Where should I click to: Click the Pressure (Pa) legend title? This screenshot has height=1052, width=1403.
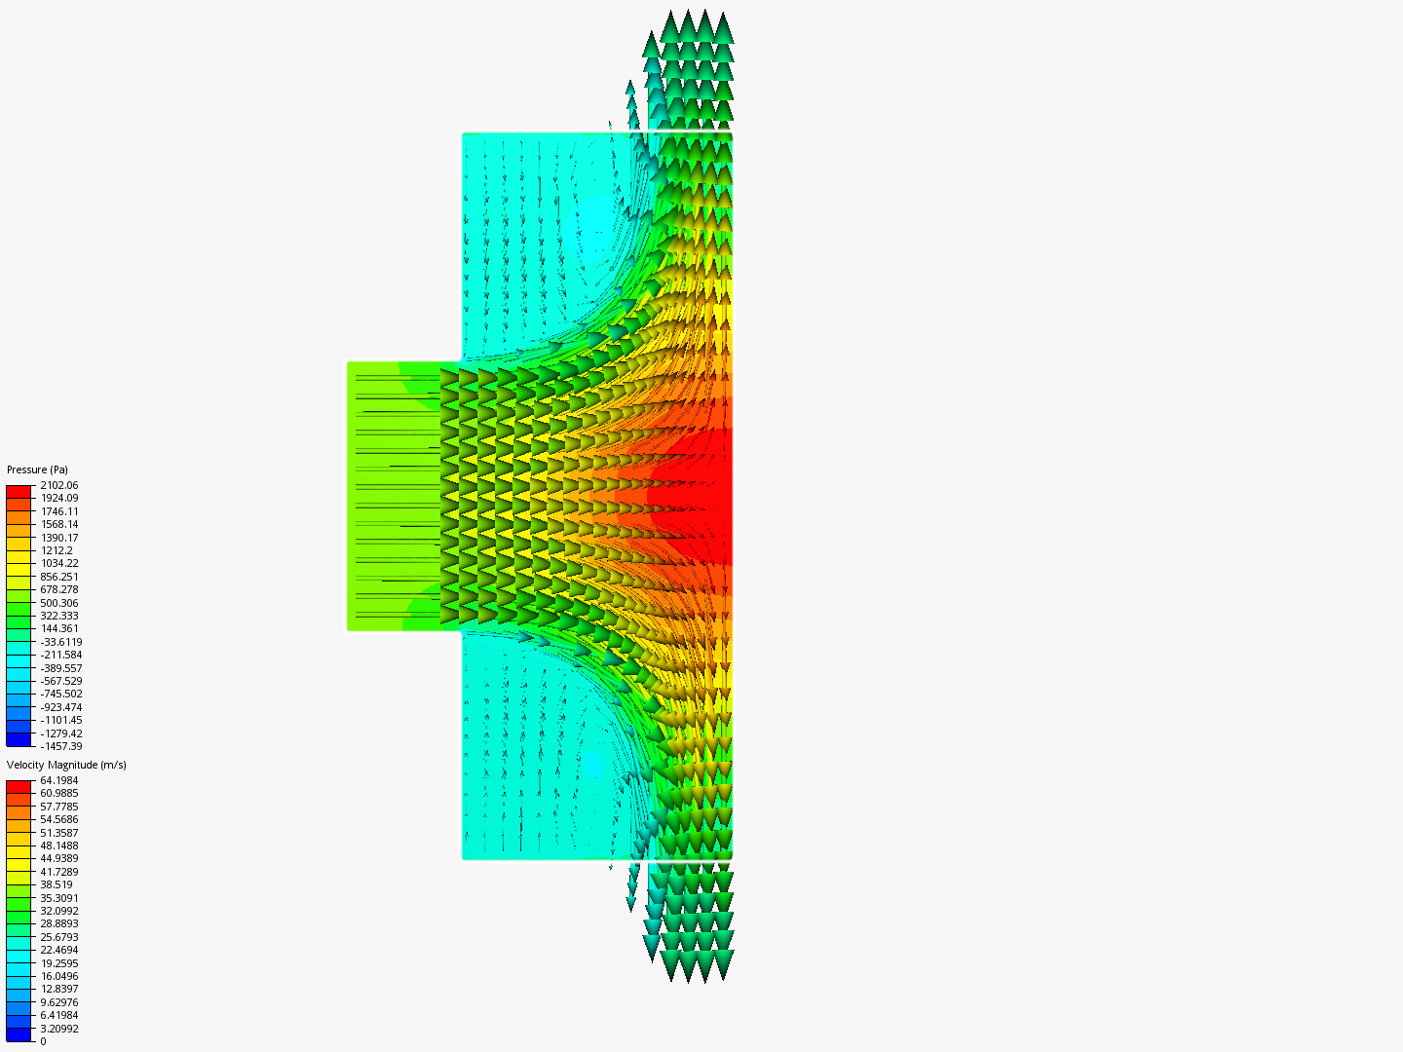point(37,470)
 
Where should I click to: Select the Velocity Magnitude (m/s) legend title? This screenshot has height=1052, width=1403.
point(66,765)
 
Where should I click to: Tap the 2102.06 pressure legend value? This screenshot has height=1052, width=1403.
point(59,485)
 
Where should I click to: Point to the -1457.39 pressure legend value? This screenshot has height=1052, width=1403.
point(61,746)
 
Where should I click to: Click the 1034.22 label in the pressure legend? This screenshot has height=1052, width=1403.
point(59,563)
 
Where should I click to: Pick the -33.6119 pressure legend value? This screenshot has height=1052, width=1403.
point(61,642)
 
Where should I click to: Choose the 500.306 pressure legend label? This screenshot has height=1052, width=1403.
point(59,603)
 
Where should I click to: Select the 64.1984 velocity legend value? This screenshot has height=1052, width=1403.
point(59,780)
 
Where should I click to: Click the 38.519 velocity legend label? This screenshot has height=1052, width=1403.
point(57,884)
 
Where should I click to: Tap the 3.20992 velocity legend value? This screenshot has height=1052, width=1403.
point(59,1029)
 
